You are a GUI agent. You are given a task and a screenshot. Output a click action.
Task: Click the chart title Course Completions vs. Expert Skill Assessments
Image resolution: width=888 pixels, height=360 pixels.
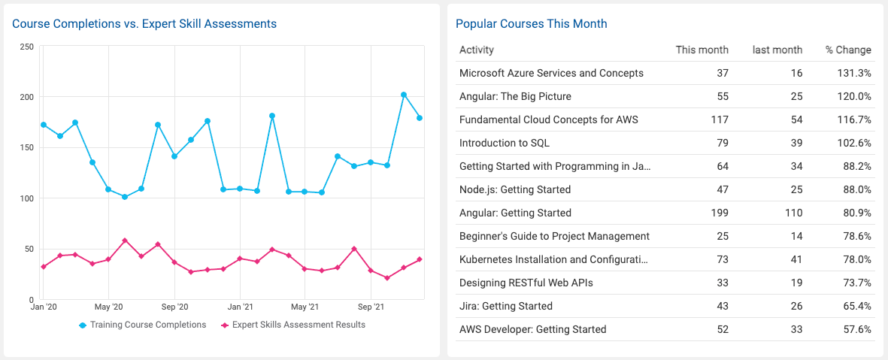(x=144, y=24)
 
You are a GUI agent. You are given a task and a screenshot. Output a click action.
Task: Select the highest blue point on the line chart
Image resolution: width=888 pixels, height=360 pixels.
(x=404, y=95)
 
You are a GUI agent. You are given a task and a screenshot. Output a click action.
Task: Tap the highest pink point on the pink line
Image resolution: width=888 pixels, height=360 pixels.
(x=125, y=241)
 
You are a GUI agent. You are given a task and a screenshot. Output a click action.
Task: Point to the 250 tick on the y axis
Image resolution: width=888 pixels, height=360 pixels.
(x=26, y=47)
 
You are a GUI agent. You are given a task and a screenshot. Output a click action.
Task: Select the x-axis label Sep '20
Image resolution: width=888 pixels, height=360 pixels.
(x=174, y=307)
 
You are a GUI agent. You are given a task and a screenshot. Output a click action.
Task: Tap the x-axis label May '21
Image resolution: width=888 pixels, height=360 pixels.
(x=305, y=307)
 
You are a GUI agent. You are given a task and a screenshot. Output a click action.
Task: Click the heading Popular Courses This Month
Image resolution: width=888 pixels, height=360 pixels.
(x=531, y=24)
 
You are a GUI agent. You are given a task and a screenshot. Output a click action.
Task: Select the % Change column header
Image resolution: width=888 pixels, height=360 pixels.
(x=848, y=50)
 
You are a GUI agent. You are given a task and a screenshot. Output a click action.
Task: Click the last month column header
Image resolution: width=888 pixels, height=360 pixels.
(x=777, y=50)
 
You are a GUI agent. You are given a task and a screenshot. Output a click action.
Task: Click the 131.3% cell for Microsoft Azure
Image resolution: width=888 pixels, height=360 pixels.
(x=854, y=74)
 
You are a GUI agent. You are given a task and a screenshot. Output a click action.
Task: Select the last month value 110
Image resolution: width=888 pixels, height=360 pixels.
(x=793, y=213)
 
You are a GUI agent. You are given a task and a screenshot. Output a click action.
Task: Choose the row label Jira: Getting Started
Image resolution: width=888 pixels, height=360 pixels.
(x=506, y=306)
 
